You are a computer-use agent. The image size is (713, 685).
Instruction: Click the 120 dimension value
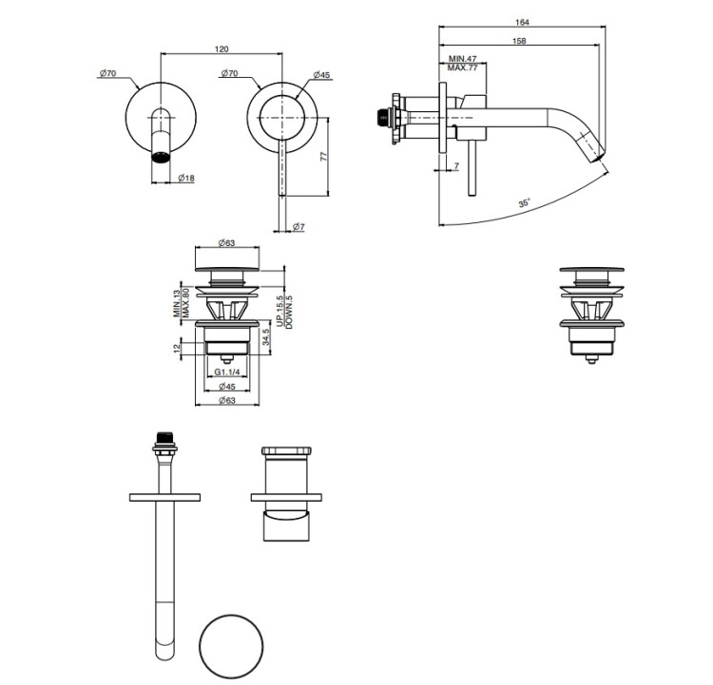click(222, 49)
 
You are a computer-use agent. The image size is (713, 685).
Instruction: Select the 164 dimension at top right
click(523, 22)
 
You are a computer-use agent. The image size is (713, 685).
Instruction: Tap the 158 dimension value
click(519, 41)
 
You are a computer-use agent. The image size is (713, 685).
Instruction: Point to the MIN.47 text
click(462, 59)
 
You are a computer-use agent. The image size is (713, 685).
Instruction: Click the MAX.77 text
click(462, 67)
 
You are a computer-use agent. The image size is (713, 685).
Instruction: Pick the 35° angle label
click(525, 202)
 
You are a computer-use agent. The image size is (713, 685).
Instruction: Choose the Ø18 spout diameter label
click(186, 179)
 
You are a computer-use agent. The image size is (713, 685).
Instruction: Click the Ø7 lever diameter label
click(299, 226)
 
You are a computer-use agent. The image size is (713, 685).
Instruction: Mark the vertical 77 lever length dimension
click(323, 157)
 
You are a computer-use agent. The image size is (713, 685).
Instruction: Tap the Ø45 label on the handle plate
click(321, 75)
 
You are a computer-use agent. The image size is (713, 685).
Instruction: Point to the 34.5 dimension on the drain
click(266, 337)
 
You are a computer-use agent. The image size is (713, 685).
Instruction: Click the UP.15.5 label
click(280, 311)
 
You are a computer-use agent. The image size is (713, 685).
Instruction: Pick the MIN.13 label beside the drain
click(177, 303)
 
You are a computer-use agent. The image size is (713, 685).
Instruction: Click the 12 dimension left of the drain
click(178, 349)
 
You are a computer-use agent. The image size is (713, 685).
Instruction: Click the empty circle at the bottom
click(231, 645)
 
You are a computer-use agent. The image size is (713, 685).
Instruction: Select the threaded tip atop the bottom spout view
click(164, 439)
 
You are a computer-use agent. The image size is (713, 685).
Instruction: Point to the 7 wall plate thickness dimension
click(456, 166)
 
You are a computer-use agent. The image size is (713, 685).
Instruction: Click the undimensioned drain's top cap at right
click(591, 270)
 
